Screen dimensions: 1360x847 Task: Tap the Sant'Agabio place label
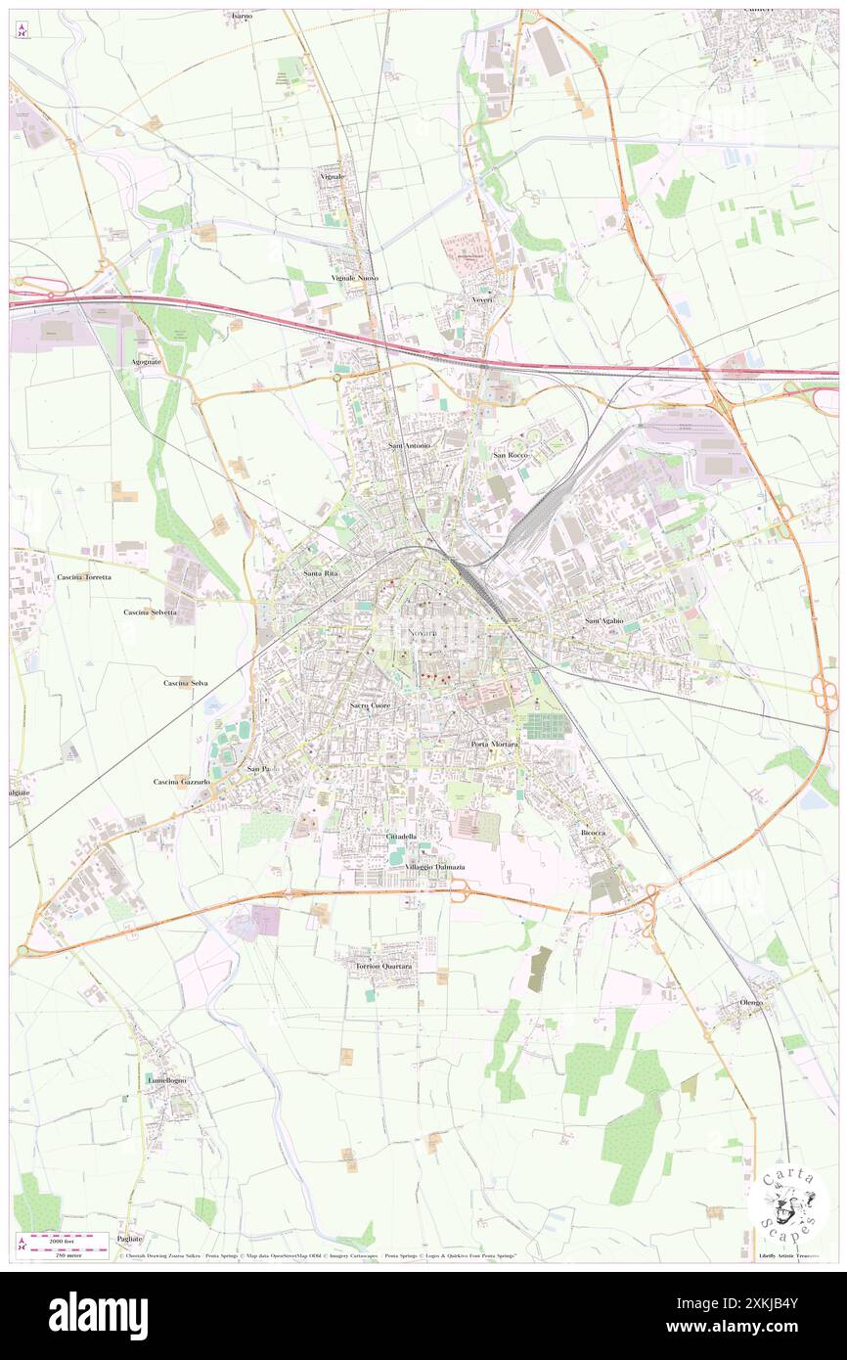603,621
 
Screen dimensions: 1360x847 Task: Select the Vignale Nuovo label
355,278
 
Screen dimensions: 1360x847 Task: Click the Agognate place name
147,362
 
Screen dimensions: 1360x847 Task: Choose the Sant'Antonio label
409,446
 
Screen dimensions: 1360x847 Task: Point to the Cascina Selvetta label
151,612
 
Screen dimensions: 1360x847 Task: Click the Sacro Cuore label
371,704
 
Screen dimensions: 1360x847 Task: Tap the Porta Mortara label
494,745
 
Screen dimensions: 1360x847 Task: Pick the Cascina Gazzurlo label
182,782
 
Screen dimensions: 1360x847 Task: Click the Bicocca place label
594,832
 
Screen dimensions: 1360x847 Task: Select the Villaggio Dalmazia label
435,867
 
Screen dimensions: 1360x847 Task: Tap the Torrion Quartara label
382,966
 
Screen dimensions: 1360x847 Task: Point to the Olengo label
751,1003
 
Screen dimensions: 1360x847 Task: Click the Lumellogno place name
166,1079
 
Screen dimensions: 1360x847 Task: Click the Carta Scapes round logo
788,1202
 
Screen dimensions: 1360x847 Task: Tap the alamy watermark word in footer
98,1315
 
